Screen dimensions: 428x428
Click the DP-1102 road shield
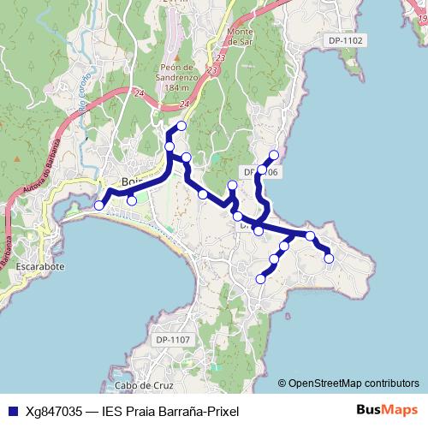coord(345,40)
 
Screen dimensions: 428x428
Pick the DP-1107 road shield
coord(173,341)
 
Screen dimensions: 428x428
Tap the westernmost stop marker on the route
coord(99,205)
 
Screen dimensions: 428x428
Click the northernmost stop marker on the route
coord(181,127)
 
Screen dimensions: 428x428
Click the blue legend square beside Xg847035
coord(11,410)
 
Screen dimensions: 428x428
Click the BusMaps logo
coord(387,409)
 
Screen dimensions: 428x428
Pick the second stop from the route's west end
coord(132,200)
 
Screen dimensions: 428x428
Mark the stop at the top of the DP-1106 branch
coord(274,155)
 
